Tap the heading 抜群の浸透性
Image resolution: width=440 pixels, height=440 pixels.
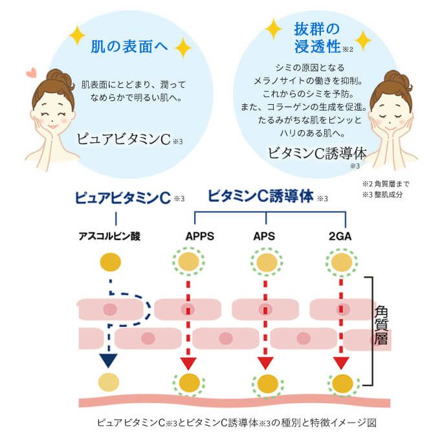[x=317, y=38]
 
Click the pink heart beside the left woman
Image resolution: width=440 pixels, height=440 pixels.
[x=30, y=73]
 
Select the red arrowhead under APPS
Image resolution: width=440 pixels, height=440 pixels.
[x=188, y=362]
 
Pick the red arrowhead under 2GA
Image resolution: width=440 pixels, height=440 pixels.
[x=341, y=362]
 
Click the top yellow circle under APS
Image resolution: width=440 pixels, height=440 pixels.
[x=265, y=263]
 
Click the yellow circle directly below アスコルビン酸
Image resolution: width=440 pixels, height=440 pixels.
[x=110, y=262]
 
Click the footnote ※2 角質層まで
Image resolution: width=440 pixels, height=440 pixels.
[x=386, y=183]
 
